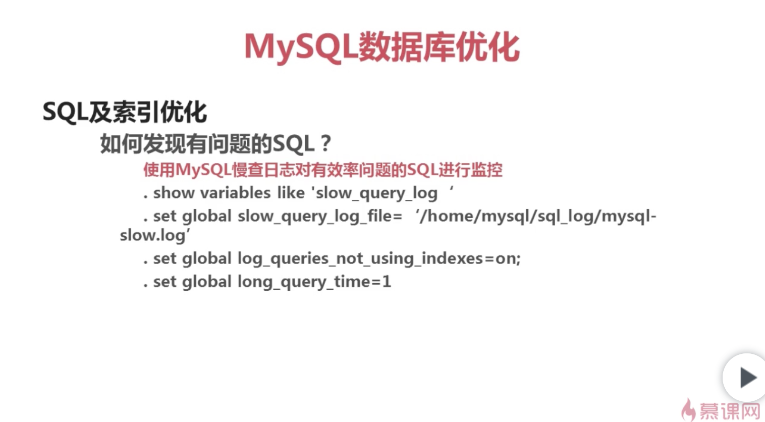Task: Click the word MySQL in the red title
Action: click(x=301, y=48)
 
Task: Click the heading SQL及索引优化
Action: click(x=125, y=112)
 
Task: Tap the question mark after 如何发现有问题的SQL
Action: click(x=325, y=144)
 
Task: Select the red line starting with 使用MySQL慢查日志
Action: click(x=322, y=170)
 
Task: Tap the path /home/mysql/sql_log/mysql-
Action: click(x=538, y=217)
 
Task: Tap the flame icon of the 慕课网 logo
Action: click(x=688, y=410)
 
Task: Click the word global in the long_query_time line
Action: click(x=206, y=282)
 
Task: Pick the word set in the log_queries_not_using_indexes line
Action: click(x=165, y=259)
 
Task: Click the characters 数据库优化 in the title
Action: click(x=439, y=48)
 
